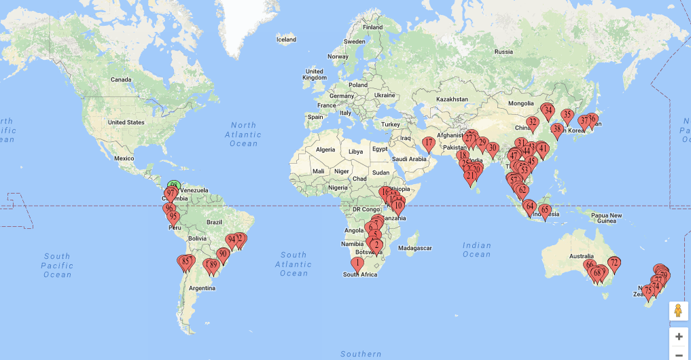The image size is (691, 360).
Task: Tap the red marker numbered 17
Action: (429, 144)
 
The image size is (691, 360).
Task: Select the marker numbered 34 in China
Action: (548, 110)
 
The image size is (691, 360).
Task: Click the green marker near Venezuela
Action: (175, 185)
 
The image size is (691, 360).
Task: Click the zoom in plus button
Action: (678, 336)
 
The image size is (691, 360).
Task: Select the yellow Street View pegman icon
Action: (678, 311)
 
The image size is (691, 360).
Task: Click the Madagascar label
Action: (414, 249)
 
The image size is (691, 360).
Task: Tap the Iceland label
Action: (286, 39)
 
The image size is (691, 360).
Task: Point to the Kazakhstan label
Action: (452, 99)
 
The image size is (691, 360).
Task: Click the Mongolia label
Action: (521, 103)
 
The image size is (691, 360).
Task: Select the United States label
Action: (126, 122)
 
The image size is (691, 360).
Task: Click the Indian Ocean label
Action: (476, 249)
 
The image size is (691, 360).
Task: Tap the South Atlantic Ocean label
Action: (294, 264)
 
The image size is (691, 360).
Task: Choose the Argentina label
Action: (202, 288)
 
